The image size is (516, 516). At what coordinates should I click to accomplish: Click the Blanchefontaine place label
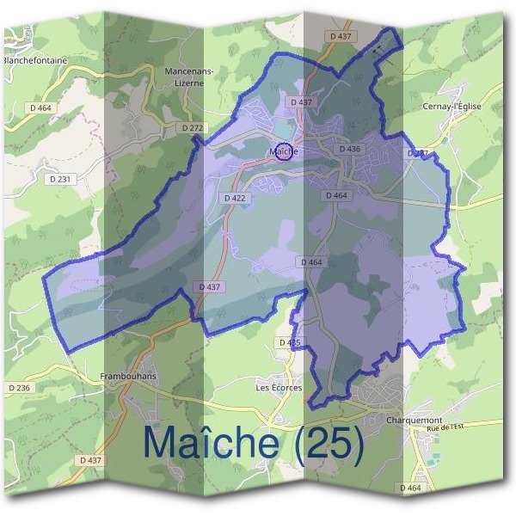coord(35,61)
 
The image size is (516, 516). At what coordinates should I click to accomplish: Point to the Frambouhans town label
coord(126,376)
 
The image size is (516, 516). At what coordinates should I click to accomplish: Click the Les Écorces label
coord(279,388)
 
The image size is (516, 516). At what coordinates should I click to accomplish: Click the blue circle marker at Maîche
coord(283,152)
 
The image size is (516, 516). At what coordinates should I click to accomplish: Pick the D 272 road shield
coord(193,127)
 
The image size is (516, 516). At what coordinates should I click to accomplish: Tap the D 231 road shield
coord(65,178)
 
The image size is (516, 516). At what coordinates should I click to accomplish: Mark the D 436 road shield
coord(349,149)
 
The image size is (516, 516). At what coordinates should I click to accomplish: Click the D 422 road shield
coord(235,198)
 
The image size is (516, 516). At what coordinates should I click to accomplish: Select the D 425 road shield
coord(290,342)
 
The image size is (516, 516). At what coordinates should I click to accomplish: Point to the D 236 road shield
coord(19,389)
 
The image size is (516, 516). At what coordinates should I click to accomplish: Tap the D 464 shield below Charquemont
coord(411,488)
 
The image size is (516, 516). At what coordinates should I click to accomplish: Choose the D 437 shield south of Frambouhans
coord(90,460)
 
